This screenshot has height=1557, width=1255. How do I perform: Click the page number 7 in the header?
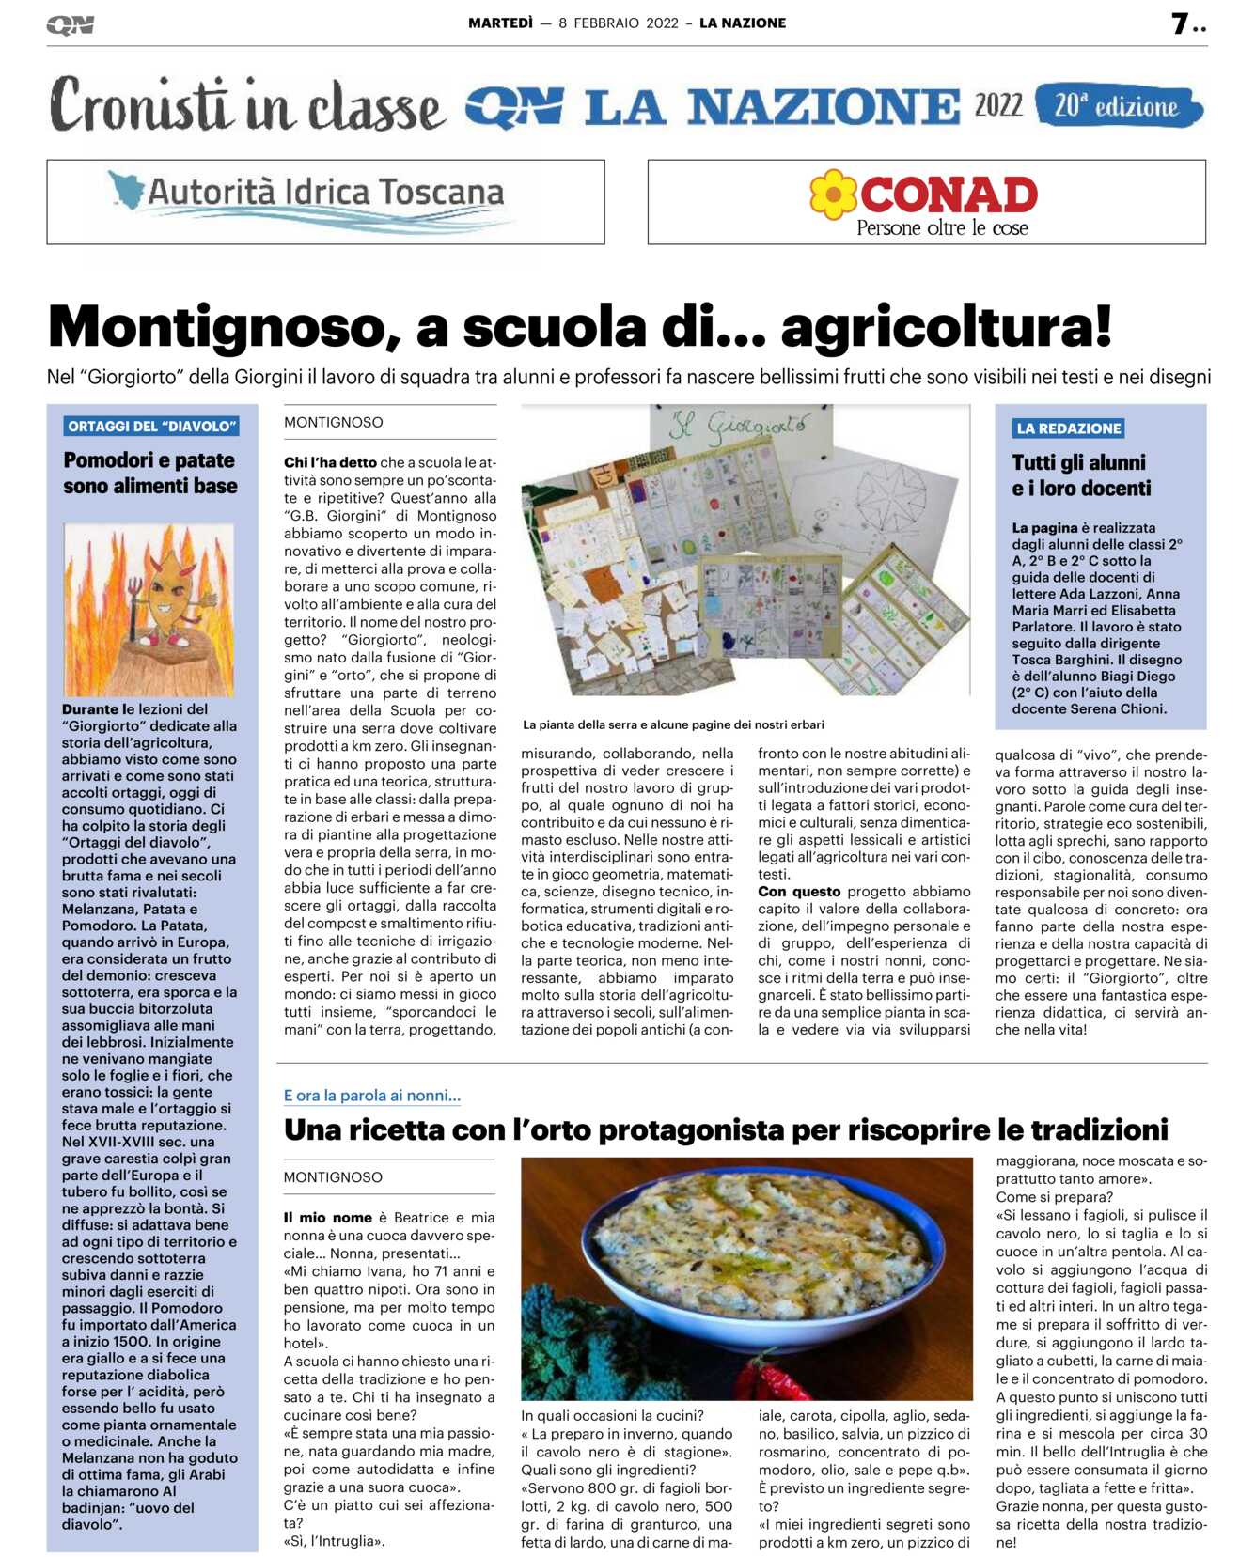point(1180,23)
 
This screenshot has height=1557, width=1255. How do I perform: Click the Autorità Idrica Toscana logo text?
point(325,193)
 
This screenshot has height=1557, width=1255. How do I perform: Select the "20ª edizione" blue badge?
point(1118,106)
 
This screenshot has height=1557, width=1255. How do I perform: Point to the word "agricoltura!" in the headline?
point(946,327)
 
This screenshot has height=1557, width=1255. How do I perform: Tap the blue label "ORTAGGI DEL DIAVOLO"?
point(150,427)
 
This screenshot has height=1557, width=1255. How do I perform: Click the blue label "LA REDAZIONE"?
point(1068,428)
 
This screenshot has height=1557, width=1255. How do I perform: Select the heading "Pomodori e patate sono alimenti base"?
point(150,473)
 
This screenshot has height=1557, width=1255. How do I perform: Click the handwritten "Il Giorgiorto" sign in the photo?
point(743,428)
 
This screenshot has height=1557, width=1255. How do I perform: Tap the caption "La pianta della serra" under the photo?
point(673,724)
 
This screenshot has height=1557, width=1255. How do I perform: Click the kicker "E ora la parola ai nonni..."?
point(372,1096)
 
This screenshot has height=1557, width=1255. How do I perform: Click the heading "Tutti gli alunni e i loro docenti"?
point(1081,475)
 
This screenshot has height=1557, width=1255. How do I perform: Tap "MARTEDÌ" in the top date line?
point(500,23)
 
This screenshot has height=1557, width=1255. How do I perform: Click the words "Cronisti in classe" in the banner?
point(246,106)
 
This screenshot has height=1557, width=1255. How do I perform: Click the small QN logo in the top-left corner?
point(70,25)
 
